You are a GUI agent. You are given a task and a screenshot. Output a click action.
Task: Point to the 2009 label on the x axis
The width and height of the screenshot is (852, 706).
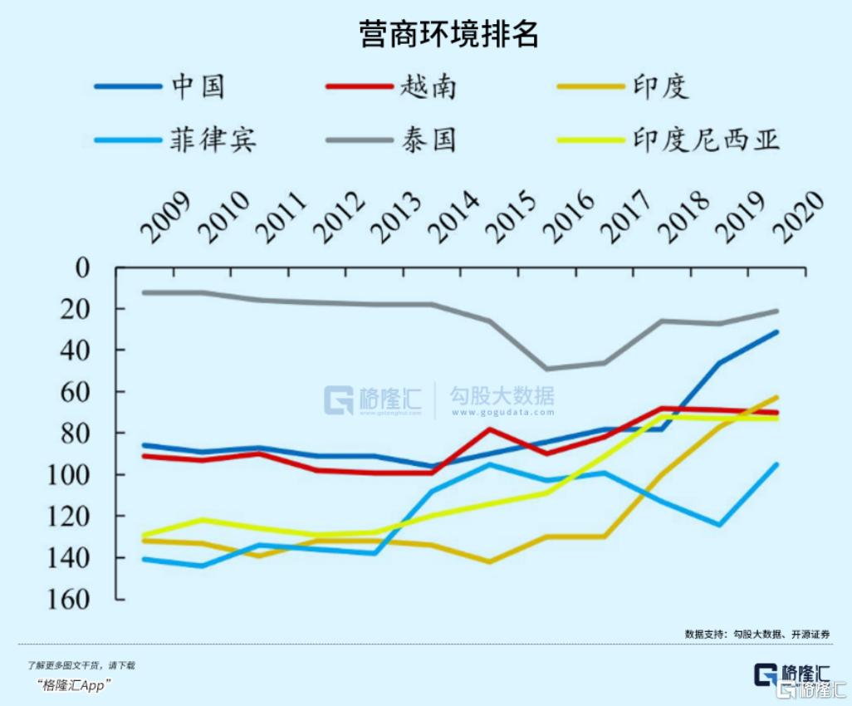point(165,218)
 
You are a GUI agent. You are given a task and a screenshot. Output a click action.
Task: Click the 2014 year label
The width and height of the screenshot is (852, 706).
point(453,218)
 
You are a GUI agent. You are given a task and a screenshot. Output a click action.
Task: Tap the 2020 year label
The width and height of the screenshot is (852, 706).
point(798,218)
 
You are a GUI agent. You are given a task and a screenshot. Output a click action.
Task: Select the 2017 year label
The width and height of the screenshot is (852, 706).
point(625,218)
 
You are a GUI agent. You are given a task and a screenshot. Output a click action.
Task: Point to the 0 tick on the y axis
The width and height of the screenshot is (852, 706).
point(81,268)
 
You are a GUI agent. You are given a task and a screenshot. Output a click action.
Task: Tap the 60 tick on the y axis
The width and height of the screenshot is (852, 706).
point(80,392)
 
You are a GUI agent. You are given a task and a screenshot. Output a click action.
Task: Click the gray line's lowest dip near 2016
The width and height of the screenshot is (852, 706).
point(546,369)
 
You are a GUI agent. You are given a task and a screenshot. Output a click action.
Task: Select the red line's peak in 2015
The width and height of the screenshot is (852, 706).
point(489,429)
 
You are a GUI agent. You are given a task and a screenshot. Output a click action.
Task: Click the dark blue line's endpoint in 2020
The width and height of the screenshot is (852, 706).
point(776,331)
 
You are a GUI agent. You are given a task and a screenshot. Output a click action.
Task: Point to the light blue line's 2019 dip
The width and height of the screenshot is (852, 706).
point(719,524)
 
